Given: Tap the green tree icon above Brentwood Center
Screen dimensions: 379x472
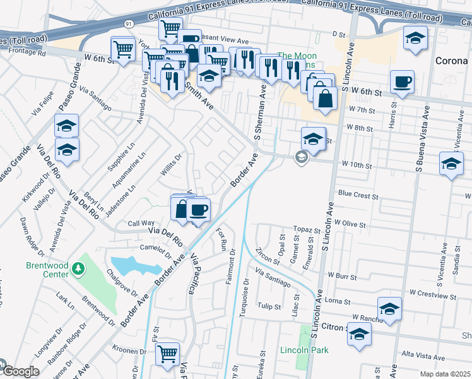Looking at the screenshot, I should pyautogui.click(x=78, y=269).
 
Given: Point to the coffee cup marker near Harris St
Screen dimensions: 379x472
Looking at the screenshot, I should pyautogui.click(x=402, y=81).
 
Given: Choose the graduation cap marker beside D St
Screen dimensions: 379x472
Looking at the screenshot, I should pyautogui.click(x=415, y=40).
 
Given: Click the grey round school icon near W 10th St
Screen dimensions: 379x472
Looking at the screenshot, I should pyautogui.click(x=301, y=158).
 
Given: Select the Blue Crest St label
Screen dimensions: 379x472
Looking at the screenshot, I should pyautogui.click(x=358, y=195).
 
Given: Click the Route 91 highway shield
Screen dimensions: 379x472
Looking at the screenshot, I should pyautogui.click(x=129, y=23).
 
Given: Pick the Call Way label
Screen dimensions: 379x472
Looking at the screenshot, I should pyautogui.click(x=141, y=223).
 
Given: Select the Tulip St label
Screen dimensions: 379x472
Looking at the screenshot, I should pyautogui.click(x=269, y=306).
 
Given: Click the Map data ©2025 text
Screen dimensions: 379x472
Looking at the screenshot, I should pyautogui.click(x=444, y=374).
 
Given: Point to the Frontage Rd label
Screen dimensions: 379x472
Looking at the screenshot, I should pyautogui.click(x=23, y=54).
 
